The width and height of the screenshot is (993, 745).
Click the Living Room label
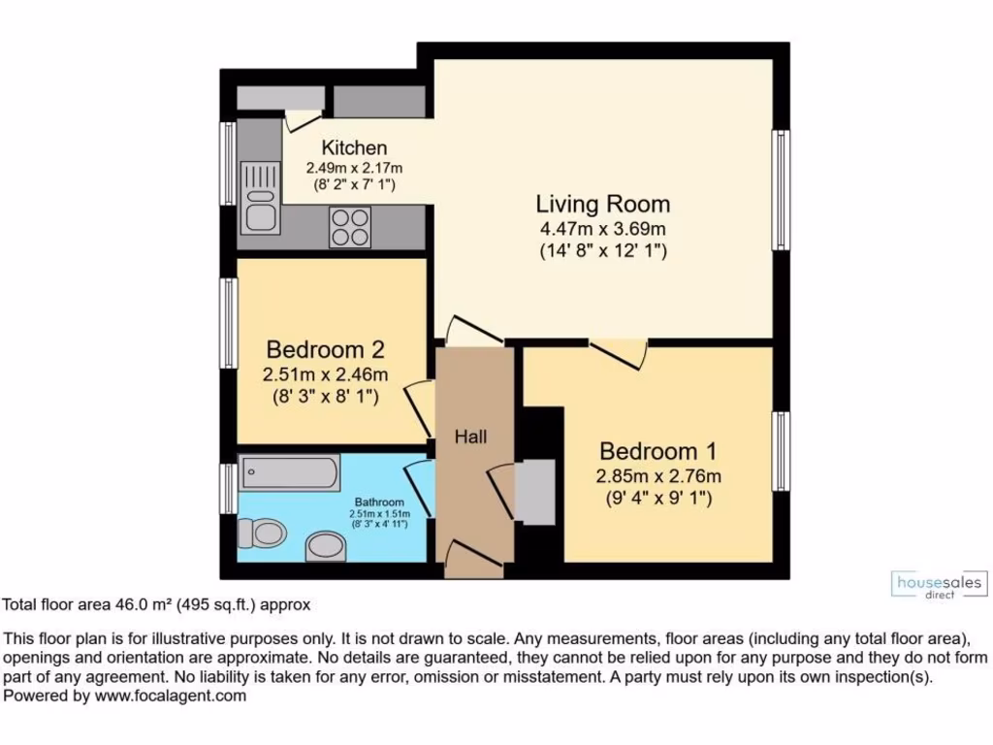pos(602,205)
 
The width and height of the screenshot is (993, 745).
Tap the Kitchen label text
pos(354,148)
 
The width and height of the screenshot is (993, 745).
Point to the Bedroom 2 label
pos(326,349)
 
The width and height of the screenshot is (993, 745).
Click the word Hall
pos(471,437)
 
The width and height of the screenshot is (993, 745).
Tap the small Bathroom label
pos(379,502)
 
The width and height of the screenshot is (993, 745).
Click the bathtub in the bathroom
pos(289,474)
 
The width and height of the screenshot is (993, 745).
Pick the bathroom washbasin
pos(324,546)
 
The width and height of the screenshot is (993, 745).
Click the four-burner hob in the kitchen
pos(350,227)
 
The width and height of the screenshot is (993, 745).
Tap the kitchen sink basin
pos(259,212)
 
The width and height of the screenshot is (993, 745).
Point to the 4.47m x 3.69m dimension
pos(602,229)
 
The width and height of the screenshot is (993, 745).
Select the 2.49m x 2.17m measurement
pos(354,168)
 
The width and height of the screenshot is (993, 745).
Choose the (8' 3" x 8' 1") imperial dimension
pos(326,396)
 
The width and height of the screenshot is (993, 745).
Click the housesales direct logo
pos(939,585)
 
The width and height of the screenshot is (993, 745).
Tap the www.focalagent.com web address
pos(171,696)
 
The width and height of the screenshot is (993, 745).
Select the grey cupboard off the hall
pos(534,492)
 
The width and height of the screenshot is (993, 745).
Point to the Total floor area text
pos(155,605)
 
